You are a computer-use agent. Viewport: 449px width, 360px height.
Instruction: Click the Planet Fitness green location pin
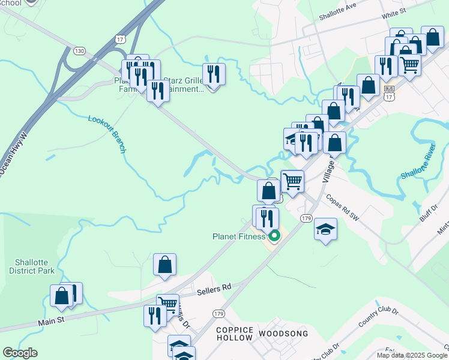tap(274, 236)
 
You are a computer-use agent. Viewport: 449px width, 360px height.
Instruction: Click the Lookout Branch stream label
tap(106, 134)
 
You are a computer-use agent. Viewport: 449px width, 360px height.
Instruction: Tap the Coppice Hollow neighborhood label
tap(235, 334)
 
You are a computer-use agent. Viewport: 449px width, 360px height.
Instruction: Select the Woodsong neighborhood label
tap(283, 333)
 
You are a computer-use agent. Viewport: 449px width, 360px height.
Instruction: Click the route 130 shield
tap(79, 50)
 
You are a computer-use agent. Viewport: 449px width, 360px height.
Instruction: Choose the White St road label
tap(394, 12)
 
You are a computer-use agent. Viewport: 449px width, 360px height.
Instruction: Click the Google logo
tap(20, 353)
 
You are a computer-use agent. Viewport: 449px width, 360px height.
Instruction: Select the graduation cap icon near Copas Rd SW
tap(325, 229)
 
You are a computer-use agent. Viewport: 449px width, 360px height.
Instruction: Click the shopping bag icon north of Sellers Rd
tap(164, 264)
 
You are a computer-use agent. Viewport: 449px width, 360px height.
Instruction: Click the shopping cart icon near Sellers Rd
tap(167, 304)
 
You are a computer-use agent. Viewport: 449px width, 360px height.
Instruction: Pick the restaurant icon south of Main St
tap(155, 315)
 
